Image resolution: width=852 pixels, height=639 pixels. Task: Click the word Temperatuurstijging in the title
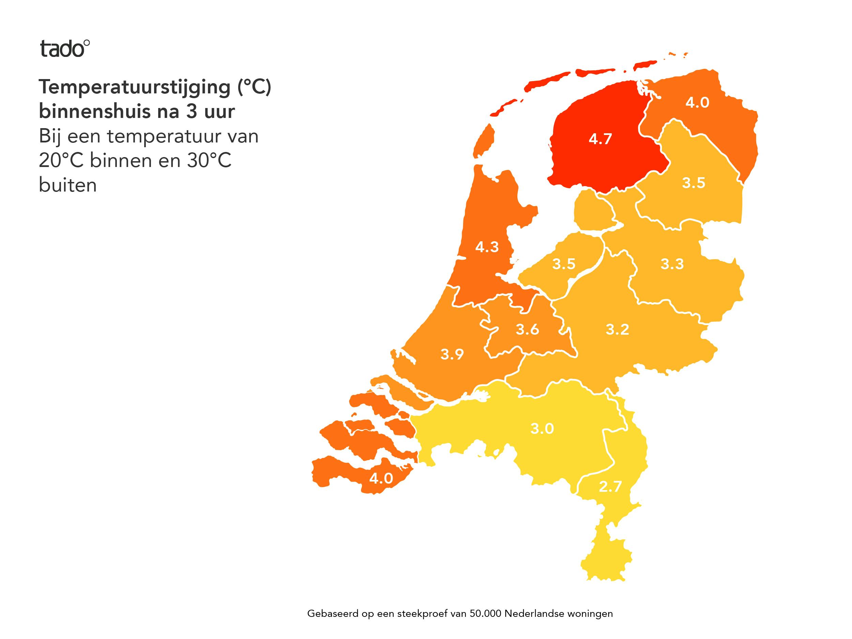coord(134,87)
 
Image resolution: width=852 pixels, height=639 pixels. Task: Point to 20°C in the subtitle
coord(61,161)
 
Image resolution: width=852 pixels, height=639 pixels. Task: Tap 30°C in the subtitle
coord(209,161)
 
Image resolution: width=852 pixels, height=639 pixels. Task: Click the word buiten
coord(68,185)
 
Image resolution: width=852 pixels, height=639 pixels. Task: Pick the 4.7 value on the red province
coord(600,139)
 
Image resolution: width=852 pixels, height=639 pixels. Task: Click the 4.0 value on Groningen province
coord(697,103)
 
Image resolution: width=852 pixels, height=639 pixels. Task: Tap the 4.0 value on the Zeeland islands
coord(381,478)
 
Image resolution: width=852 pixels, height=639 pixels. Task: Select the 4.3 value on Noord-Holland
coord(487,247)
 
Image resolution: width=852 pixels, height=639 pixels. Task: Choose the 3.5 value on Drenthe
coord(693,183)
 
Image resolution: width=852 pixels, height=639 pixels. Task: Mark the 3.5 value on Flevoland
coord(563,264)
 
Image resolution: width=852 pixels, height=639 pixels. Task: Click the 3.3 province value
coord(672,264)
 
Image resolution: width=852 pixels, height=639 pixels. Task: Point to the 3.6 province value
coord(527,329)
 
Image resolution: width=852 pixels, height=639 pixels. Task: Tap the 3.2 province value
coord(618,329)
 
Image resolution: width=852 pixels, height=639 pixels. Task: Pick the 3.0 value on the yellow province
coord(542,428)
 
